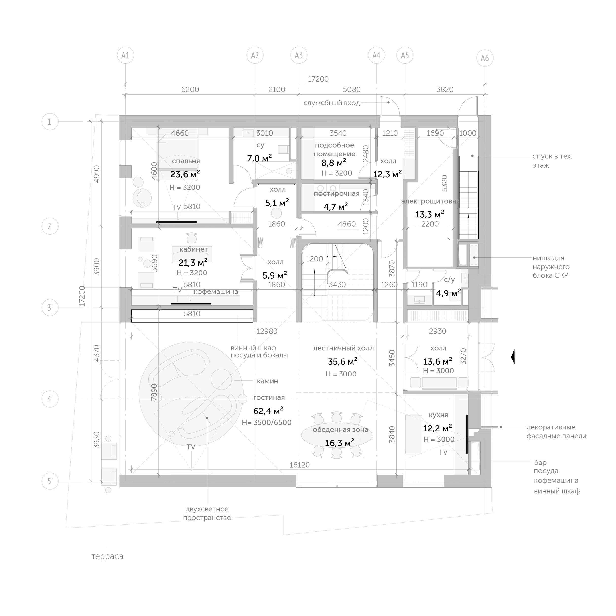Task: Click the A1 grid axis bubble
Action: point(125,55)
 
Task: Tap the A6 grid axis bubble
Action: point(485,58)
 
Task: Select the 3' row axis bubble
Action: point(50,308)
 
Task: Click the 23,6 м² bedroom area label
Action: point(185,174)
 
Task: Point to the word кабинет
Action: point(193,249)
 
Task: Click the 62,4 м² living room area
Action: point(268,411)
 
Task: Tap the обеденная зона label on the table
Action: point(340,430)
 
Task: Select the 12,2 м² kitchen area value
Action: point(437,428)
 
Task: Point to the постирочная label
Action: point(336,194)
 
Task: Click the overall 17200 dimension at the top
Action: point(318,79)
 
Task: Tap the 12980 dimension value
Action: point(267,331)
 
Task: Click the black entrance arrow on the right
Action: point(513,357)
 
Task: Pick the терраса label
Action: point(107,556)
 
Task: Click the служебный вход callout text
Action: point(332,103)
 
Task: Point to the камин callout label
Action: point(268,381)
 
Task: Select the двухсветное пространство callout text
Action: point(207,513)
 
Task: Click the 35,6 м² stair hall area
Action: point(342,361)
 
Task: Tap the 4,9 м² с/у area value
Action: point(448,293)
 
